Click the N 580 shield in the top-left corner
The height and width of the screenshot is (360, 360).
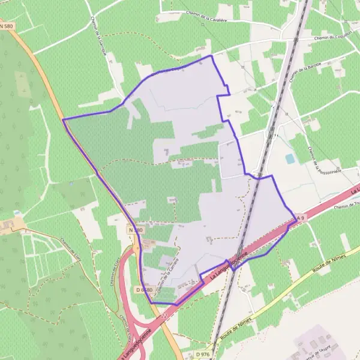coord(7,26)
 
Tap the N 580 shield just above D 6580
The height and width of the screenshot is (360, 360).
coord(136,230)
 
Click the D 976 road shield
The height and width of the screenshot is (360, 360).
coord(202,355)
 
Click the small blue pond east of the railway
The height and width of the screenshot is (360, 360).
coord(290,158)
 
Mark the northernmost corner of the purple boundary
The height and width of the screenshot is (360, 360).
coord(211,56)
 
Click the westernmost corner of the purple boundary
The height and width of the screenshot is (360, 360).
coord(63,119)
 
